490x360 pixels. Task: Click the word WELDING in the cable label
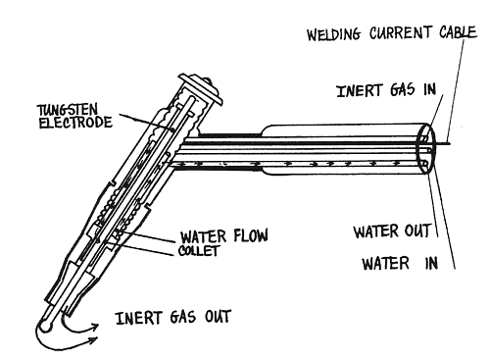click(x=333, y=34)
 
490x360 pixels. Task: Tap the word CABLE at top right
click(x=458, y=32)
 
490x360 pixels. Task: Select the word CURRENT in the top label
click(x=400, y=33)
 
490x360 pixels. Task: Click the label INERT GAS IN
click(x=386, y=90)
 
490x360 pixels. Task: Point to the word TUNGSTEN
click(x=67, y=110)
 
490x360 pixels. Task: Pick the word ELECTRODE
click(x=75, y=123)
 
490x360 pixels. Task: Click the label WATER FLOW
click(x=224, y=235)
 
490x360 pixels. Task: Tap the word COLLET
click(x=198, y=250)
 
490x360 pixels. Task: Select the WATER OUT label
click(x=392, y=231)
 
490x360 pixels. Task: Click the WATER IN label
click(x=400, y=263)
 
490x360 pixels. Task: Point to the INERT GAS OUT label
click(x=173, y=317)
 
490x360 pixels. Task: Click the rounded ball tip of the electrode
click(x=47, y=325)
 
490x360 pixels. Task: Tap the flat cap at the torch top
click(x=201, y=87)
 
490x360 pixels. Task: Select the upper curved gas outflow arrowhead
click(x=94, y=328)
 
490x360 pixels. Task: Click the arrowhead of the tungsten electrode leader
click(x=171, y=129)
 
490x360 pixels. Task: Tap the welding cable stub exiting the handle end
click(x=443, y=143)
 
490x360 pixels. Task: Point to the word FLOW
click(x=251, y=235)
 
